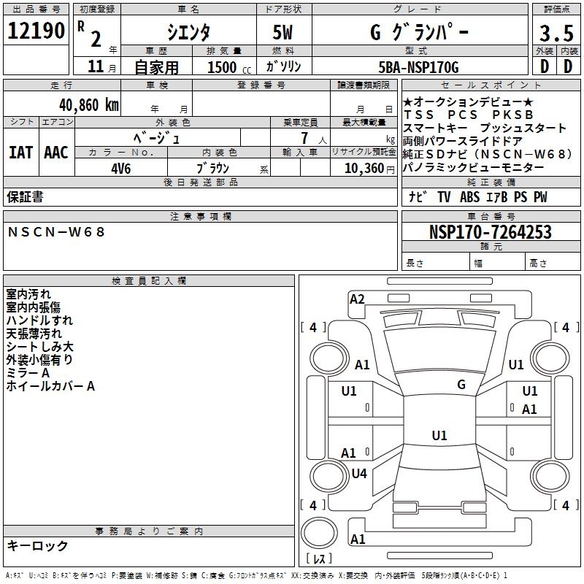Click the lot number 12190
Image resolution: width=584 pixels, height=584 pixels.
coord(36,31)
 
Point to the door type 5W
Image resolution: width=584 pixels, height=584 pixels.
coord(285,32)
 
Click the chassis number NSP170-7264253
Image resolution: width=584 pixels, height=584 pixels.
coord(490,232)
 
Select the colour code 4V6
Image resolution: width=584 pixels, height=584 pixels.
coord(122,167)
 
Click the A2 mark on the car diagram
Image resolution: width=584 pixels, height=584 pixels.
coord(357,299)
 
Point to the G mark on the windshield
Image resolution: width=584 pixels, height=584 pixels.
coord(461,384)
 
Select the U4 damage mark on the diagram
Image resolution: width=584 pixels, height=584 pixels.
coord(358,473)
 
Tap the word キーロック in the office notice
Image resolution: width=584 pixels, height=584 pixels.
coord(37,545)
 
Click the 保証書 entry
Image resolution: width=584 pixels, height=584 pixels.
coord(25,197)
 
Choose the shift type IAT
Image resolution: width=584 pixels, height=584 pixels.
coord(21,152)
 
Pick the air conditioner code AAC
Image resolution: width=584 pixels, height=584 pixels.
coord(55,152)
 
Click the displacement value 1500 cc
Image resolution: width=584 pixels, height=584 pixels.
coord(228,67)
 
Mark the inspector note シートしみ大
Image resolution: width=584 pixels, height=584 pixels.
coord(39,347)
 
